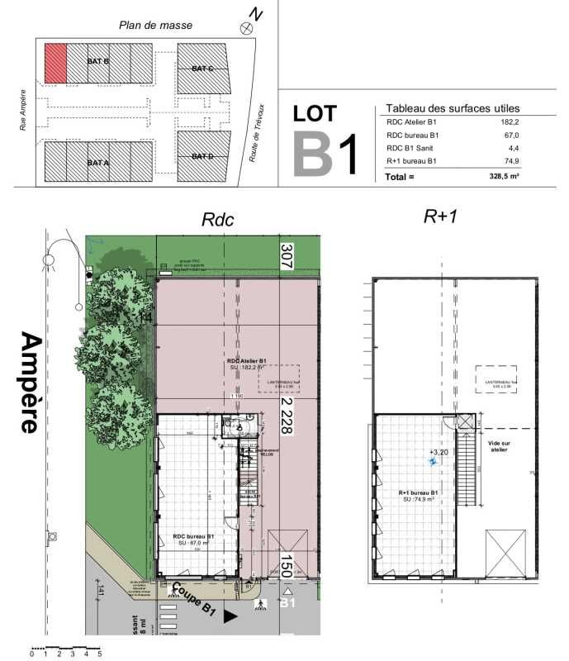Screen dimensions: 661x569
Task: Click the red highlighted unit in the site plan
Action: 55,63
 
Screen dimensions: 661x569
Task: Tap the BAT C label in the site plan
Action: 202,68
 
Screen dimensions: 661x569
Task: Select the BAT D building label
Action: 202,156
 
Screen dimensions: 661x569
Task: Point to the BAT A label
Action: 98,163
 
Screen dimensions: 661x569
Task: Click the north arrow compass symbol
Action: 245,29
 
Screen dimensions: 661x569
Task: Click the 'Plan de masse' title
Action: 156,25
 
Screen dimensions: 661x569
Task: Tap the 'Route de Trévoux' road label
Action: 259,132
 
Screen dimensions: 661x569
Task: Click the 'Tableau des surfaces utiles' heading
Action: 453,107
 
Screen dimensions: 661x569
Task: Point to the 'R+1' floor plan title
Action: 440,216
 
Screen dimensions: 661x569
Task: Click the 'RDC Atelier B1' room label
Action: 246,362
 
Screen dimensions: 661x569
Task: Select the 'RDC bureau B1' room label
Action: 194,536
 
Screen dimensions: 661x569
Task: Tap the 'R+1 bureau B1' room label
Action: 417,493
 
